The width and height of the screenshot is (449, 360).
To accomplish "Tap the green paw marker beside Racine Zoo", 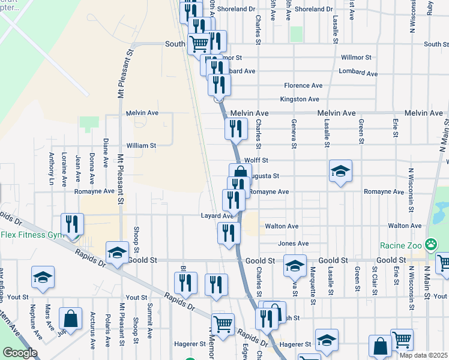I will [430, 244].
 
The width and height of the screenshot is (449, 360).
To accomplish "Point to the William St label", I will [141, 146].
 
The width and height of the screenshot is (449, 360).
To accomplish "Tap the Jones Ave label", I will [293, 244].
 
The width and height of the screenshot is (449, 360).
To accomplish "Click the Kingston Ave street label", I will [300, 99].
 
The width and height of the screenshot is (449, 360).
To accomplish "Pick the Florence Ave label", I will [303, 86].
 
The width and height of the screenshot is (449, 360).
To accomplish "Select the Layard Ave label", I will [217, 216].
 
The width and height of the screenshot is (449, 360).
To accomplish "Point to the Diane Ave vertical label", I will [106, 152].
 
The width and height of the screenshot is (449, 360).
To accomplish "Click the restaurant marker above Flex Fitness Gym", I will [72, 224].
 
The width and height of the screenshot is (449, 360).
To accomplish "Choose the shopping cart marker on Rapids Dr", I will [223, 324].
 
